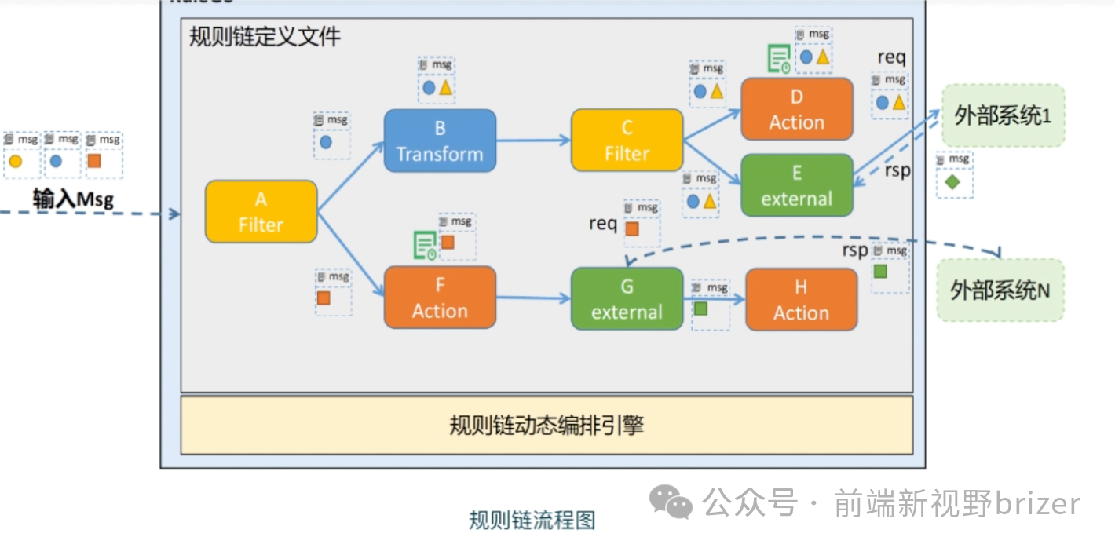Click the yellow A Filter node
click(261, 211)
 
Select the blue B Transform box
click(440, 141)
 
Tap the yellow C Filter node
click(627, 141)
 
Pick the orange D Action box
click(796, 109)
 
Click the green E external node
click(796, 185)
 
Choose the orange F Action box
click(440, 297)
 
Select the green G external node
click(627, 298)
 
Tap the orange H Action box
click(800, 299)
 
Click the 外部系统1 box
click(1003, 116)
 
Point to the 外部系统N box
click(1000, 290)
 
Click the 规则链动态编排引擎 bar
click(547, 426)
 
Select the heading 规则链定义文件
click(265, 37)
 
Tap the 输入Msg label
click(73, 199)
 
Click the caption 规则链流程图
click(532, 520)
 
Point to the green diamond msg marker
click(952, 183)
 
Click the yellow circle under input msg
click(15, 162)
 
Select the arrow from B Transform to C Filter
click(533, 141)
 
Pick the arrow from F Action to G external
click(533, 298)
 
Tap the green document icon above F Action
click(425, 246)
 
